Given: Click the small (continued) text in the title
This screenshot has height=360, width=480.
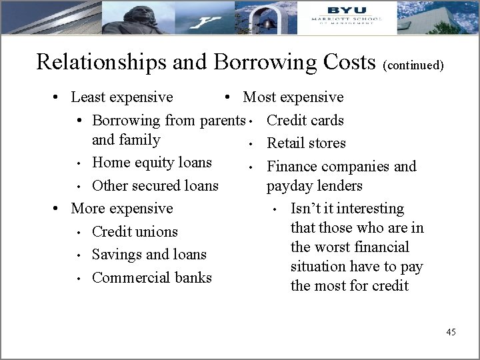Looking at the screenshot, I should tap(413, 65).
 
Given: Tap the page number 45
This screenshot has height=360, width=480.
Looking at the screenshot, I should tap(451, 332).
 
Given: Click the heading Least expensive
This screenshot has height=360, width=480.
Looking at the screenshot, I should tap(122, 97).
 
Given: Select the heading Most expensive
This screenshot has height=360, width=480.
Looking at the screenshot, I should tap(293, 97).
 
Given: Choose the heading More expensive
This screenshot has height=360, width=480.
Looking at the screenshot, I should tap(122, 209).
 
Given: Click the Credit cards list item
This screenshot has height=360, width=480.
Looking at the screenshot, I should tap(305, 121).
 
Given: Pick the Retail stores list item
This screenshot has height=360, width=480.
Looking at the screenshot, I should tap(307, 143).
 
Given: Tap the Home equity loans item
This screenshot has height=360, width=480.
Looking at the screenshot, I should tap(152, 163).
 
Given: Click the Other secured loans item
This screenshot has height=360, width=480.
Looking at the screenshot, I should tap(155, 185).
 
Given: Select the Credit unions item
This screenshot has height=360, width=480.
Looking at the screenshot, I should tap(135, 232).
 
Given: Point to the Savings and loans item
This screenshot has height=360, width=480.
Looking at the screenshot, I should tap(149, 255).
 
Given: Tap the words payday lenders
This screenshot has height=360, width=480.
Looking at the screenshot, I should tap(315, 186).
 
